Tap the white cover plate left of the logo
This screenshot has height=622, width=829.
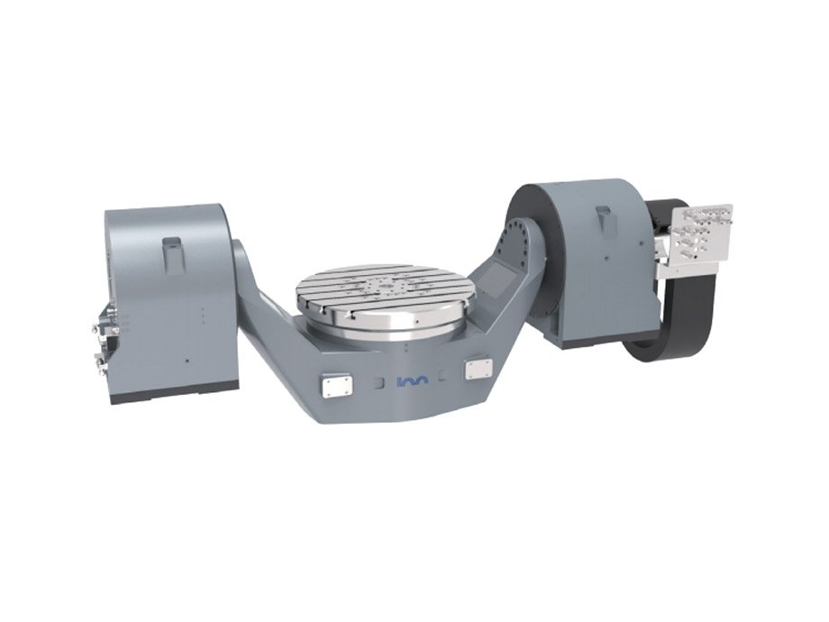click(335, 385)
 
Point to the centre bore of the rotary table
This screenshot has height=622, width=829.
click(378, 287)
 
